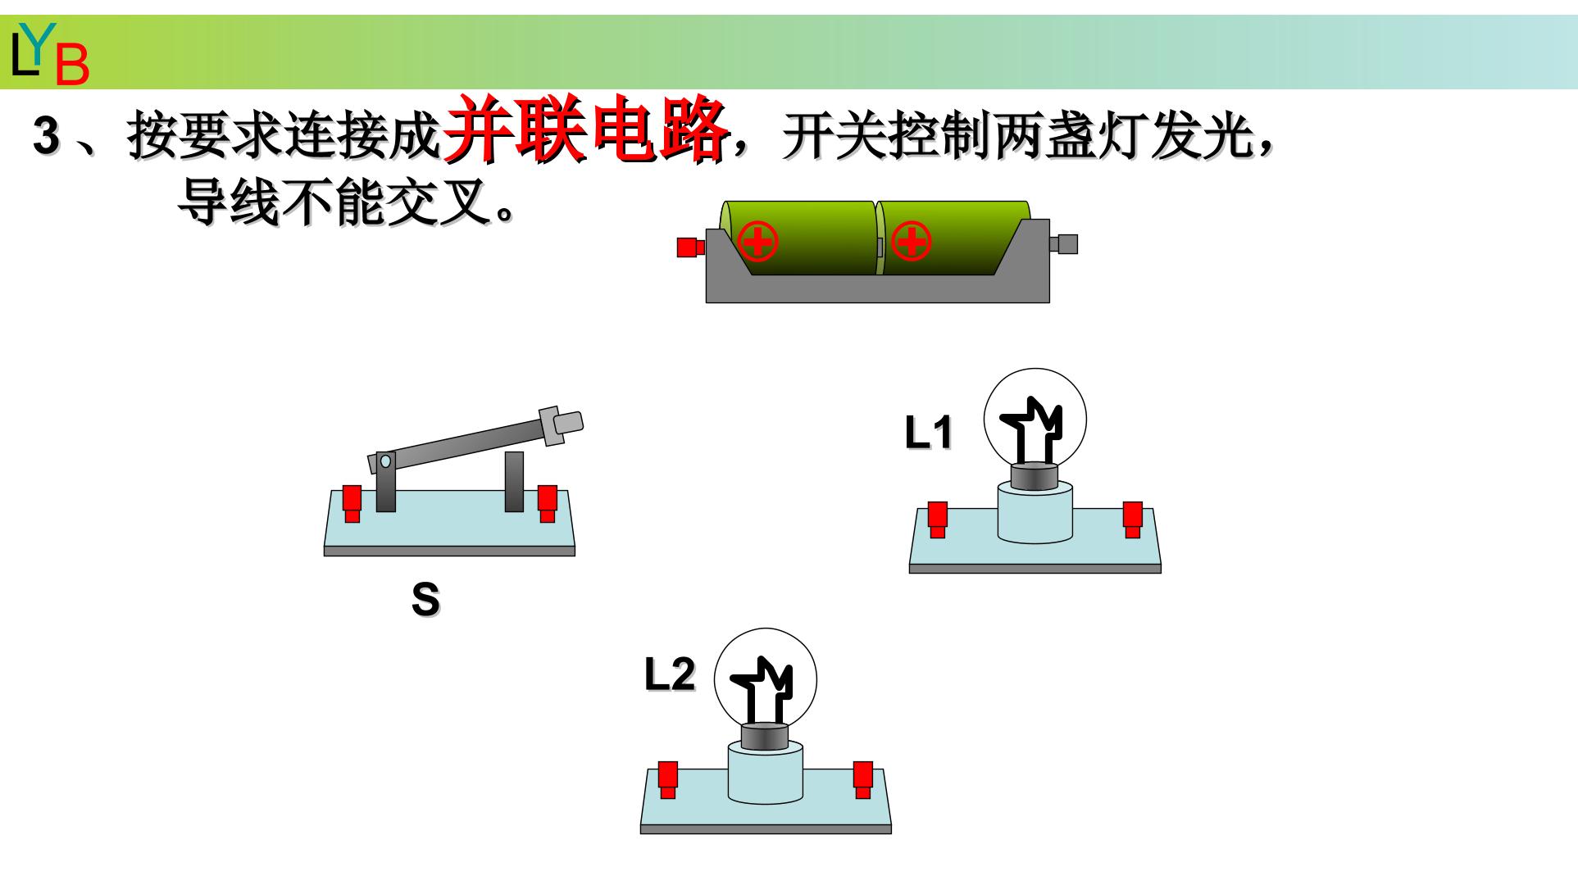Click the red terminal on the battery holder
[690, 247]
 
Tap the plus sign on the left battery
[757, 242]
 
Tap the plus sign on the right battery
[911, 242]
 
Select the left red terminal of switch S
[352, 504]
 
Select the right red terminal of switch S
[547, 503]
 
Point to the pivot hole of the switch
[385, 461]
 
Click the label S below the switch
[425, 599]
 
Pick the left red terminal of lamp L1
[938, 520]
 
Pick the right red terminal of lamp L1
[1133, 520]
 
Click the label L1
[929, 433]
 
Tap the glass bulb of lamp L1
[1035, 420]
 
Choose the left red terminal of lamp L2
[669, 779]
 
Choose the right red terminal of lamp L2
[863, 779]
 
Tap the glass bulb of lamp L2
[766, 680]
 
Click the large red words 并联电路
[585, 129]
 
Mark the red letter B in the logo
[72, 66]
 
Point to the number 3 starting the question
[46, 136]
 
